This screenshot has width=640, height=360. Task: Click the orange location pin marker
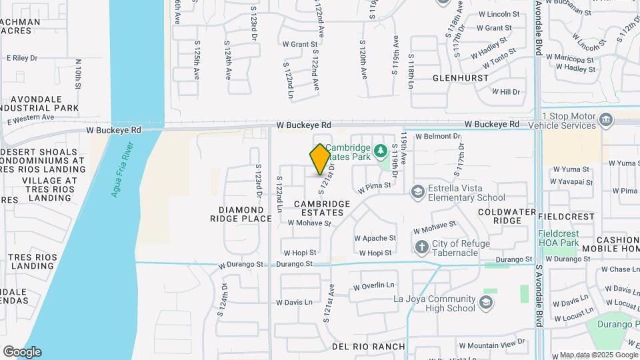point(320,159)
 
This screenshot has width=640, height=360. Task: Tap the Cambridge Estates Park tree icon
point(381,150)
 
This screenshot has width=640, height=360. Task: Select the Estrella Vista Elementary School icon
point(418,192)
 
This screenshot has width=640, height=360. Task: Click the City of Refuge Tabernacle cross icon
point(421,247)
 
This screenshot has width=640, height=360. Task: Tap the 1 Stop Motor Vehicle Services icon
point(605,120)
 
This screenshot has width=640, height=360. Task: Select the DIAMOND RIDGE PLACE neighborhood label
point(241,214)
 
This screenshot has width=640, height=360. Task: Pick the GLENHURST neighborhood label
point(457,78)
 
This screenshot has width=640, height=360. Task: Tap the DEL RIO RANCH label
point(369,347)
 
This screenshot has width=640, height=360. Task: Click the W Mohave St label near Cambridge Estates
point(309,223)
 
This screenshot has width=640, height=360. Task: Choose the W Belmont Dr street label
point(438,136)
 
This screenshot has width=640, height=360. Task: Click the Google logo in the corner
point(22,352)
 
